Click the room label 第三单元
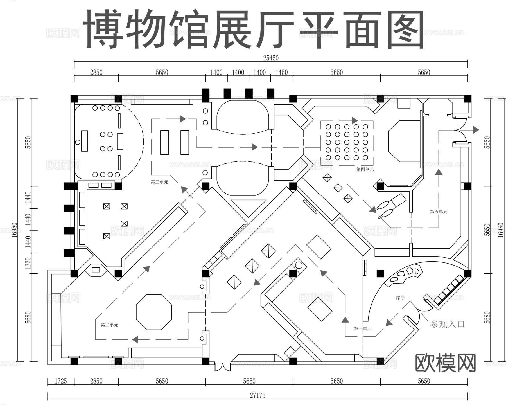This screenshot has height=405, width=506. click(x=159, y=182)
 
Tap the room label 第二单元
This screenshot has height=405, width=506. click(x=109, y=325)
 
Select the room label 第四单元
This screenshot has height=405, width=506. click(x=365, y=169)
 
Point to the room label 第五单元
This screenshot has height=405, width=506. click(x=439, y=211)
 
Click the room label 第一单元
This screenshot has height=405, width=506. click(x=363, y=328)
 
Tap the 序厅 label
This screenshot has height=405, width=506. click(x=400, y=298)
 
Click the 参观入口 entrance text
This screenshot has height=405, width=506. click(x=447, y=324)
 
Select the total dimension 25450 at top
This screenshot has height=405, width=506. click(x=271, y=58)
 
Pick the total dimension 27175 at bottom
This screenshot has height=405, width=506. click(x=257, y=395)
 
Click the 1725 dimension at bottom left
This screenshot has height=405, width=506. click(x=60, y=381)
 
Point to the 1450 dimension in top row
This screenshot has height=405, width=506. click(x=281, y=73)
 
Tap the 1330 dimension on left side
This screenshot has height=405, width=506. click(x=28, y=263)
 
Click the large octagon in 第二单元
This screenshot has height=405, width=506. click(x=154, y=312)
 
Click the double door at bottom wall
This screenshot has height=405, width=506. click(x=223, y=367)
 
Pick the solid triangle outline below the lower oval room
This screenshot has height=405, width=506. click(x=249, y=206)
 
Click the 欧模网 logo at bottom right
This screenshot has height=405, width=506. click(x=445, y=363)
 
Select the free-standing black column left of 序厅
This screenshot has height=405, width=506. click(x=380, y=273)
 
